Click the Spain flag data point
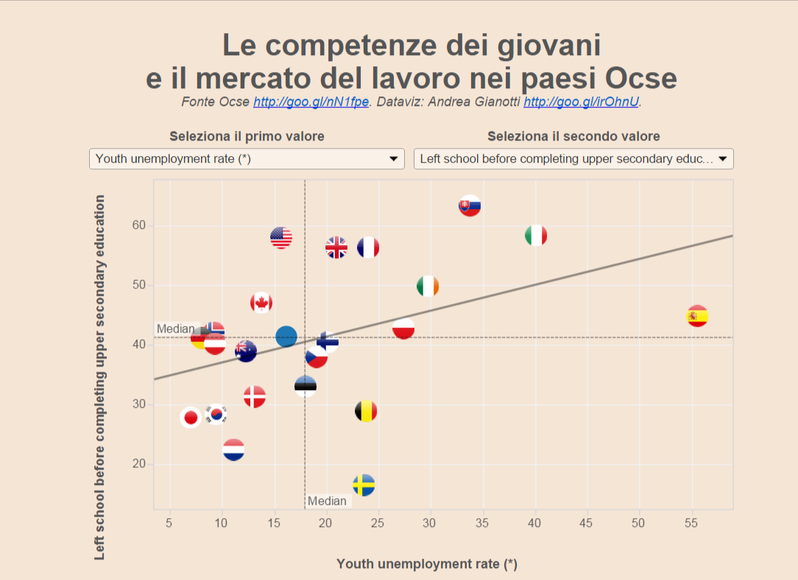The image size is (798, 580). [696, 316]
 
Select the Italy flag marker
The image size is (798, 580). [535, 236]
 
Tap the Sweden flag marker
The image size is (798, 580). [364, 485]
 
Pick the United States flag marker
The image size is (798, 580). [280, 237]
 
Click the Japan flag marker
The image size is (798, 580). [191, 417]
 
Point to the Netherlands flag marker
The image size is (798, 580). [233, 450]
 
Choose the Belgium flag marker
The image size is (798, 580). [366, 411]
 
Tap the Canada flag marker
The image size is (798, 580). [261, 303]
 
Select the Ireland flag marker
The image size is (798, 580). [427, 286]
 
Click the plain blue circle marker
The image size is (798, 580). [286, 336]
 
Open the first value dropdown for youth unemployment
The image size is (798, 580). [247, 158]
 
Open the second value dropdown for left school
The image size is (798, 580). [573, 158]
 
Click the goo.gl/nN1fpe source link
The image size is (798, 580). [311, 102]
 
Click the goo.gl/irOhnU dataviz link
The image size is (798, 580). [581, 102]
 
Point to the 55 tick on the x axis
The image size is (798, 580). [691, 523]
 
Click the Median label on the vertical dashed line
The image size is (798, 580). [327, 501]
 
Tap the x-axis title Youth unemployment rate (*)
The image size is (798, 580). [427, 564]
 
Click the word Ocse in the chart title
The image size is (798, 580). [640, 78]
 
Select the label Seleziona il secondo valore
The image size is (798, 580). [573, 136]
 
